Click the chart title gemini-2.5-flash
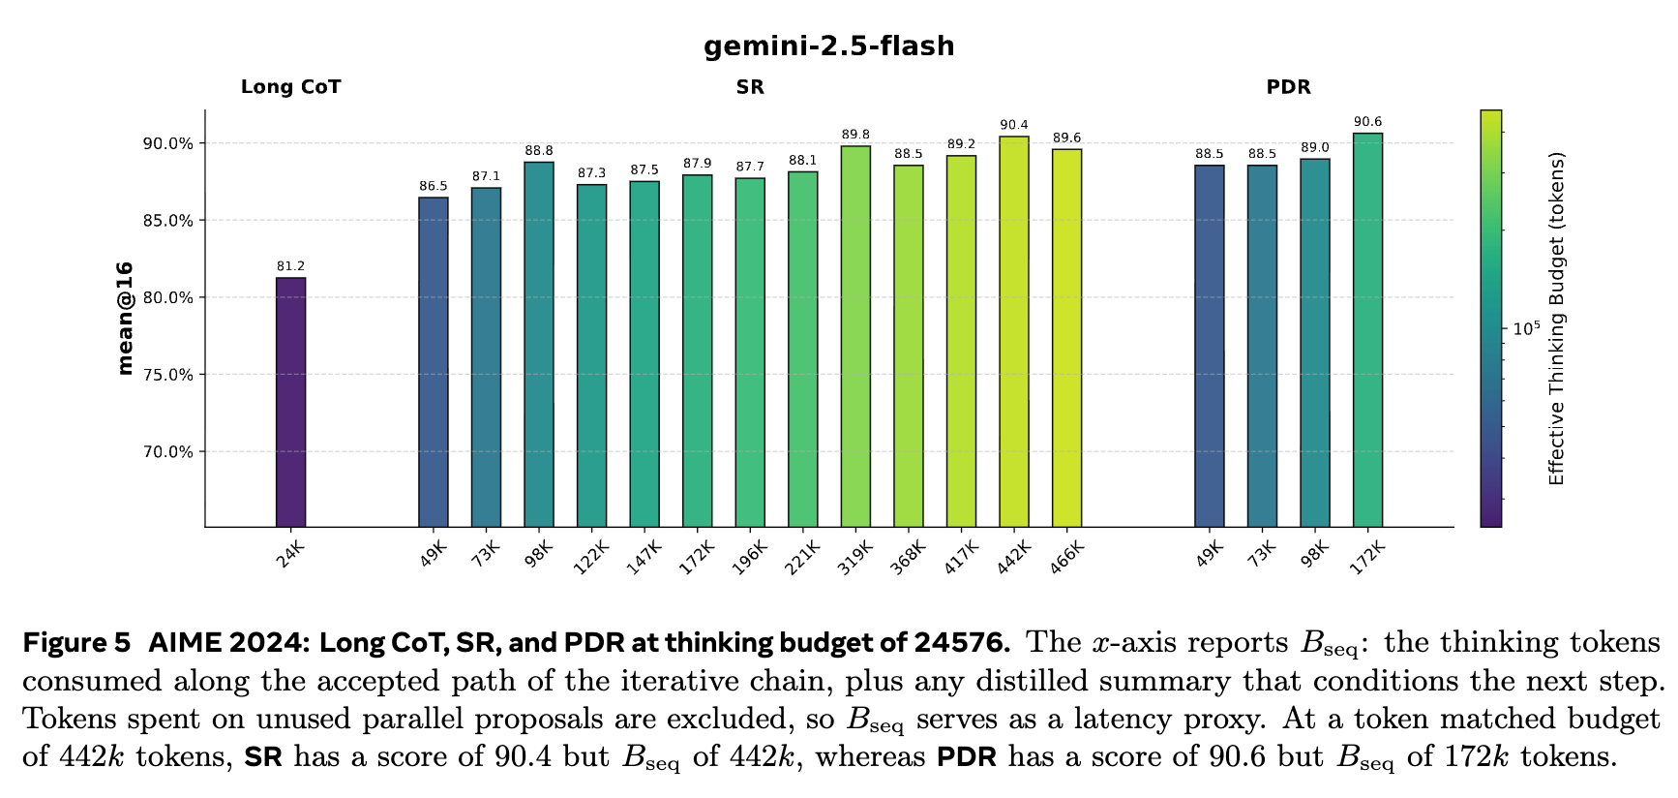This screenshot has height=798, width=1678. (x=828, y=46)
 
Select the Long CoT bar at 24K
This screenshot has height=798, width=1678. (x=290, y=402)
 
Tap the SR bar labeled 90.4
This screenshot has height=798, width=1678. (x=1014, y=331)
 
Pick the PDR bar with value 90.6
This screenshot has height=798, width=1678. (x=1367, y=329)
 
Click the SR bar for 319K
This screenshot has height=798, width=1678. (x=855, y=336)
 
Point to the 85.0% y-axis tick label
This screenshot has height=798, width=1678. (x=167, y=221)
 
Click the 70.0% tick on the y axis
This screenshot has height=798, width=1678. (x=167, y=452)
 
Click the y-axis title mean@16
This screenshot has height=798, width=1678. (x=124, y=318)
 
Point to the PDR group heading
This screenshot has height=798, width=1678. (x=1288, y=87)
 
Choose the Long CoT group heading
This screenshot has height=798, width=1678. (x=290, y=87)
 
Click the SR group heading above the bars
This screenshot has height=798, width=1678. (x=750, y=87)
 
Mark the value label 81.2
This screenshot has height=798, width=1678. (x=290, y=266)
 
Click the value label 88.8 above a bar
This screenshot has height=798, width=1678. (x=539, y=151)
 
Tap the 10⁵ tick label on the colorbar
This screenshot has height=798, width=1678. (x=1526, y=329)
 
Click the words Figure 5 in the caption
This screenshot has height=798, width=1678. (x=76, y=643)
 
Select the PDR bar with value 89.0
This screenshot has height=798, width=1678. (x=1314, y=343)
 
